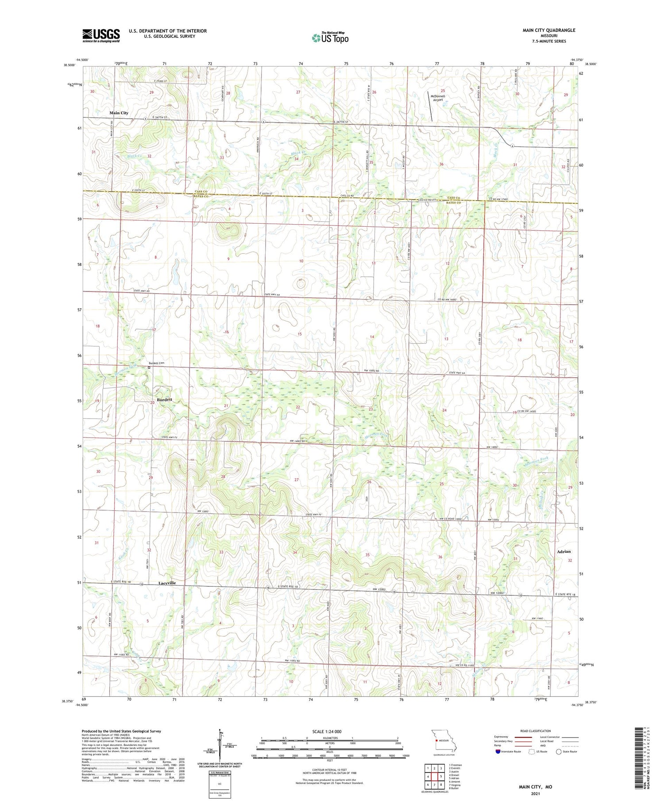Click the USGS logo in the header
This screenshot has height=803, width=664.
point(101,35)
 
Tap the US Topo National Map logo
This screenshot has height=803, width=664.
point(330,38)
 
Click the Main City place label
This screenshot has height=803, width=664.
point(119,113)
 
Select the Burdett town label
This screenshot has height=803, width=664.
point(164,400)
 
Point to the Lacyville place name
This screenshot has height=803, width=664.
point(167,583)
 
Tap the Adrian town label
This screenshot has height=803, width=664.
point(564,551)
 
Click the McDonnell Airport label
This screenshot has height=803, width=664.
point(437,98)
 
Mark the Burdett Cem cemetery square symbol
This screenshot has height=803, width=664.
point(149,367)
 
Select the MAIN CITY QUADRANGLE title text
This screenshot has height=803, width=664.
point(549,30)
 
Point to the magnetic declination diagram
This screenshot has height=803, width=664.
point(220,744)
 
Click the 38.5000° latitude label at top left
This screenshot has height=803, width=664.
point(69,65)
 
